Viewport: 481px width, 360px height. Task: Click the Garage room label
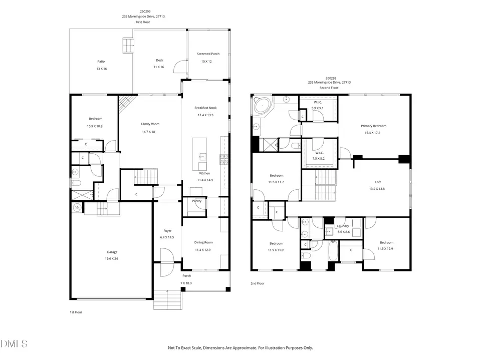pos(112,252)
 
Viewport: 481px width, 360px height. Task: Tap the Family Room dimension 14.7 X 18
pos(148,132)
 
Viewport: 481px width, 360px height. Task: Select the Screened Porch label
pos(208,54)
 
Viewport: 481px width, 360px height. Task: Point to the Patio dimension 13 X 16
pos(102,69)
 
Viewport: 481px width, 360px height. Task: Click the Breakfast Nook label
pos(205,108)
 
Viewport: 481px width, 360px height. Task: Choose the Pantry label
pos(197,201)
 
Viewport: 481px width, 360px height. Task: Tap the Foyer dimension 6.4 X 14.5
pos(167,237)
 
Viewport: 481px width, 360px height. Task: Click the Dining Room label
pos(203,242)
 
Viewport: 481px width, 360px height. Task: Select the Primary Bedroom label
pos(374,126)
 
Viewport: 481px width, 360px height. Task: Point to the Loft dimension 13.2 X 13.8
pos(377,189)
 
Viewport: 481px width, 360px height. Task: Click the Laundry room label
pos(343,226)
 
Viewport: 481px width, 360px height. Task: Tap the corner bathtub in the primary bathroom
pos(263,106)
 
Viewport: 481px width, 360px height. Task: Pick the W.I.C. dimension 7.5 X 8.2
pos(319,159)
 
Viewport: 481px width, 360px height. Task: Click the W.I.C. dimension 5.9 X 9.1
pos(318,108)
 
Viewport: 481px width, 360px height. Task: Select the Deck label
pos(159,60)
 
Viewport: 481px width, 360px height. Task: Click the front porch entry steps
pos(168,300)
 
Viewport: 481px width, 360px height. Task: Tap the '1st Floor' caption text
pos(76,312)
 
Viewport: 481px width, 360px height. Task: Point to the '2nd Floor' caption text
pos(258,283)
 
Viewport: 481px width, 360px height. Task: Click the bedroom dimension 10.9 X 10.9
pos(95,126)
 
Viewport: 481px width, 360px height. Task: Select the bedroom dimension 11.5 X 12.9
pos(385,249)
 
